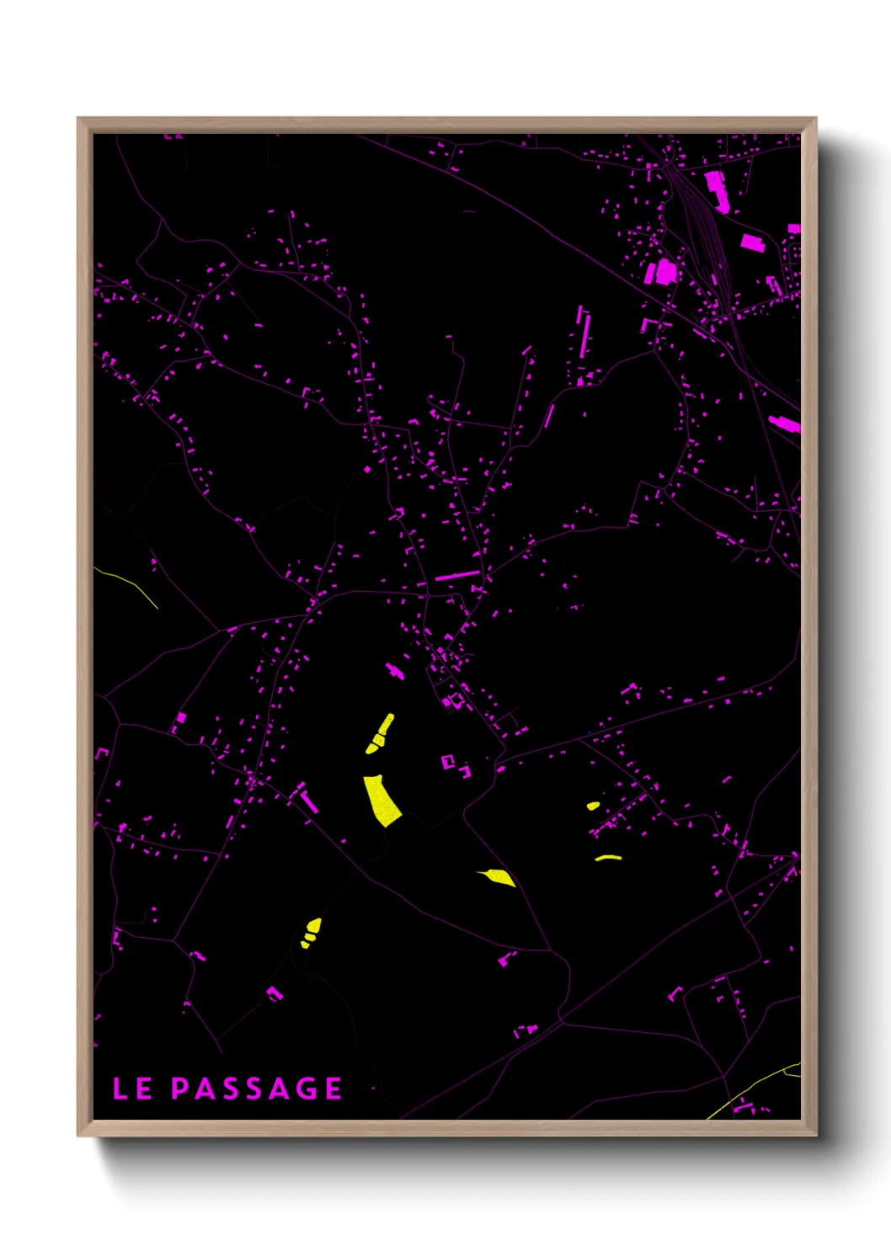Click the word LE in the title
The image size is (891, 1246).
[x=132, y=1089]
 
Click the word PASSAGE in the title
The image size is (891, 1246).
[x=257, y=1089]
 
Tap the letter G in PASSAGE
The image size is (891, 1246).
[x=307, y=1089]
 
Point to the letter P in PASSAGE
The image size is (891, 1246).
[x=180, y=1089]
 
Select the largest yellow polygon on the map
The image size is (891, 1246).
[x=381, y=801]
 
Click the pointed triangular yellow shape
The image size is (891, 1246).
[x=500, y=877]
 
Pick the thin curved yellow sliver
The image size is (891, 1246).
[x=608, y=858]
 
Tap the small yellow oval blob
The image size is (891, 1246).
[x=593, y=806]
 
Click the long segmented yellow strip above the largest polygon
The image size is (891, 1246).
[x=381, y=733]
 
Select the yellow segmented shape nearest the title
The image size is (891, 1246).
[x=312, y=931]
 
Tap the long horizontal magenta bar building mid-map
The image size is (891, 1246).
[x=457, y=576]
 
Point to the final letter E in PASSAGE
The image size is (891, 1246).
[x=333, y=1089]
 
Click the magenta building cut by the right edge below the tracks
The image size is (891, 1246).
[x=785, y=423]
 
